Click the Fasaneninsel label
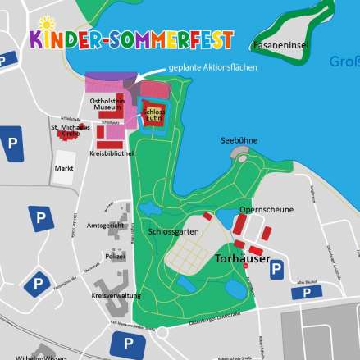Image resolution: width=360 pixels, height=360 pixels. pyautogui.click(x=281, y=45)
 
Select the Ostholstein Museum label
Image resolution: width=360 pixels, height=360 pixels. pyautogui.click(x=106, y=103)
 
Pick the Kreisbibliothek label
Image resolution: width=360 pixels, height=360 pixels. pyautogui.click(x=112, y=153)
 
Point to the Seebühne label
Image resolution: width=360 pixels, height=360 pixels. pyautogui.click(x=239, y=140)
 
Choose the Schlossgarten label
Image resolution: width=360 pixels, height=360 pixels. pyautogui.click(x=174, y=231)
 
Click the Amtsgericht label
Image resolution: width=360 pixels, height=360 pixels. pyautogui.click(x=103, y=225)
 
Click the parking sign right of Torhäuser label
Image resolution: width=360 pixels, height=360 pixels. pyautogui.click(x=277, y=269)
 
